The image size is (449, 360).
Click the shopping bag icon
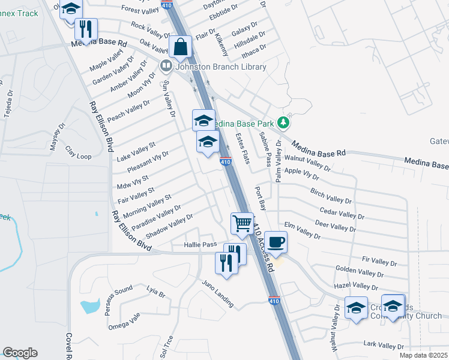click(180, 47)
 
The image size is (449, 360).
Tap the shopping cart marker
click(243, 223)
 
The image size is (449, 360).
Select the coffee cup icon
click(276, 242)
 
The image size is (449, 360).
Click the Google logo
click(20, 353)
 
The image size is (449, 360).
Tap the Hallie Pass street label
click(200, 245)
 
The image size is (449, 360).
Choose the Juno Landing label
click(217, 293)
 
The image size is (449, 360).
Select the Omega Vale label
click(124, 322)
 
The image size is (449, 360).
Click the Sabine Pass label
click(265, 151)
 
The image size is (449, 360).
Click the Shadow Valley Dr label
click(169, 226)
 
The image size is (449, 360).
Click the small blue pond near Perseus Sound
click(89, 306)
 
